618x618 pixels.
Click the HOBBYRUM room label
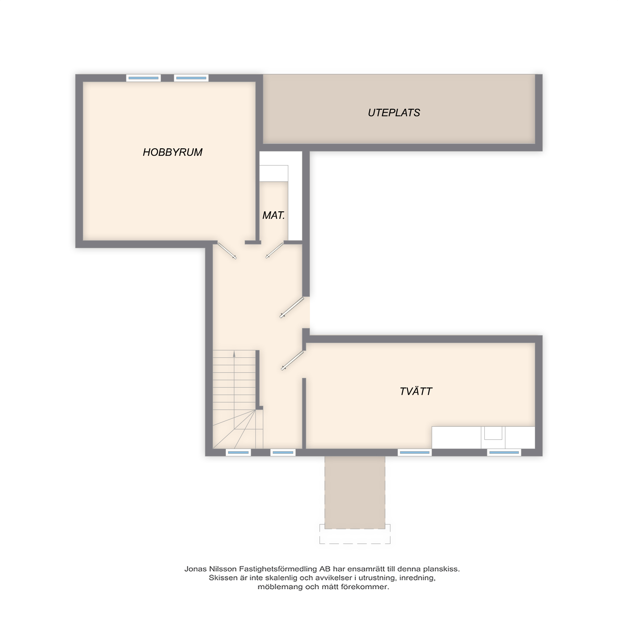point(172,152)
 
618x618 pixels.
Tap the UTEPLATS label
point(394,113)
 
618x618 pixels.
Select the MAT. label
point(273,216)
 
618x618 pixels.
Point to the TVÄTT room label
point(416,392)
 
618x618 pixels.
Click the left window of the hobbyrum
point(143,78)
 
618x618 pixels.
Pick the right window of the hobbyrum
point(191,78)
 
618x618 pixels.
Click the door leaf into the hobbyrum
point(227,251)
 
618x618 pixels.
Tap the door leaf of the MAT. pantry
point(274,251)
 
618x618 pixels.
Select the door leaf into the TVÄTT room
point(292,361)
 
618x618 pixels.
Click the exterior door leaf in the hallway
point(292,308)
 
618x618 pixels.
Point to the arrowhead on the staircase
point(234,354)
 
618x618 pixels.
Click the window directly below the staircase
point(238,453)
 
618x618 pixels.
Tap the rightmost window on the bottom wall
point(504,453)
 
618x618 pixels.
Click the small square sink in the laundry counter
point(493,433)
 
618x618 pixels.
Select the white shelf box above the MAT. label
point(274,173)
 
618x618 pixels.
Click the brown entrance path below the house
point(355,492)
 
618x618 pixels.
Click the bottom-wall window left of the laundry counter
point(415,453)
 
